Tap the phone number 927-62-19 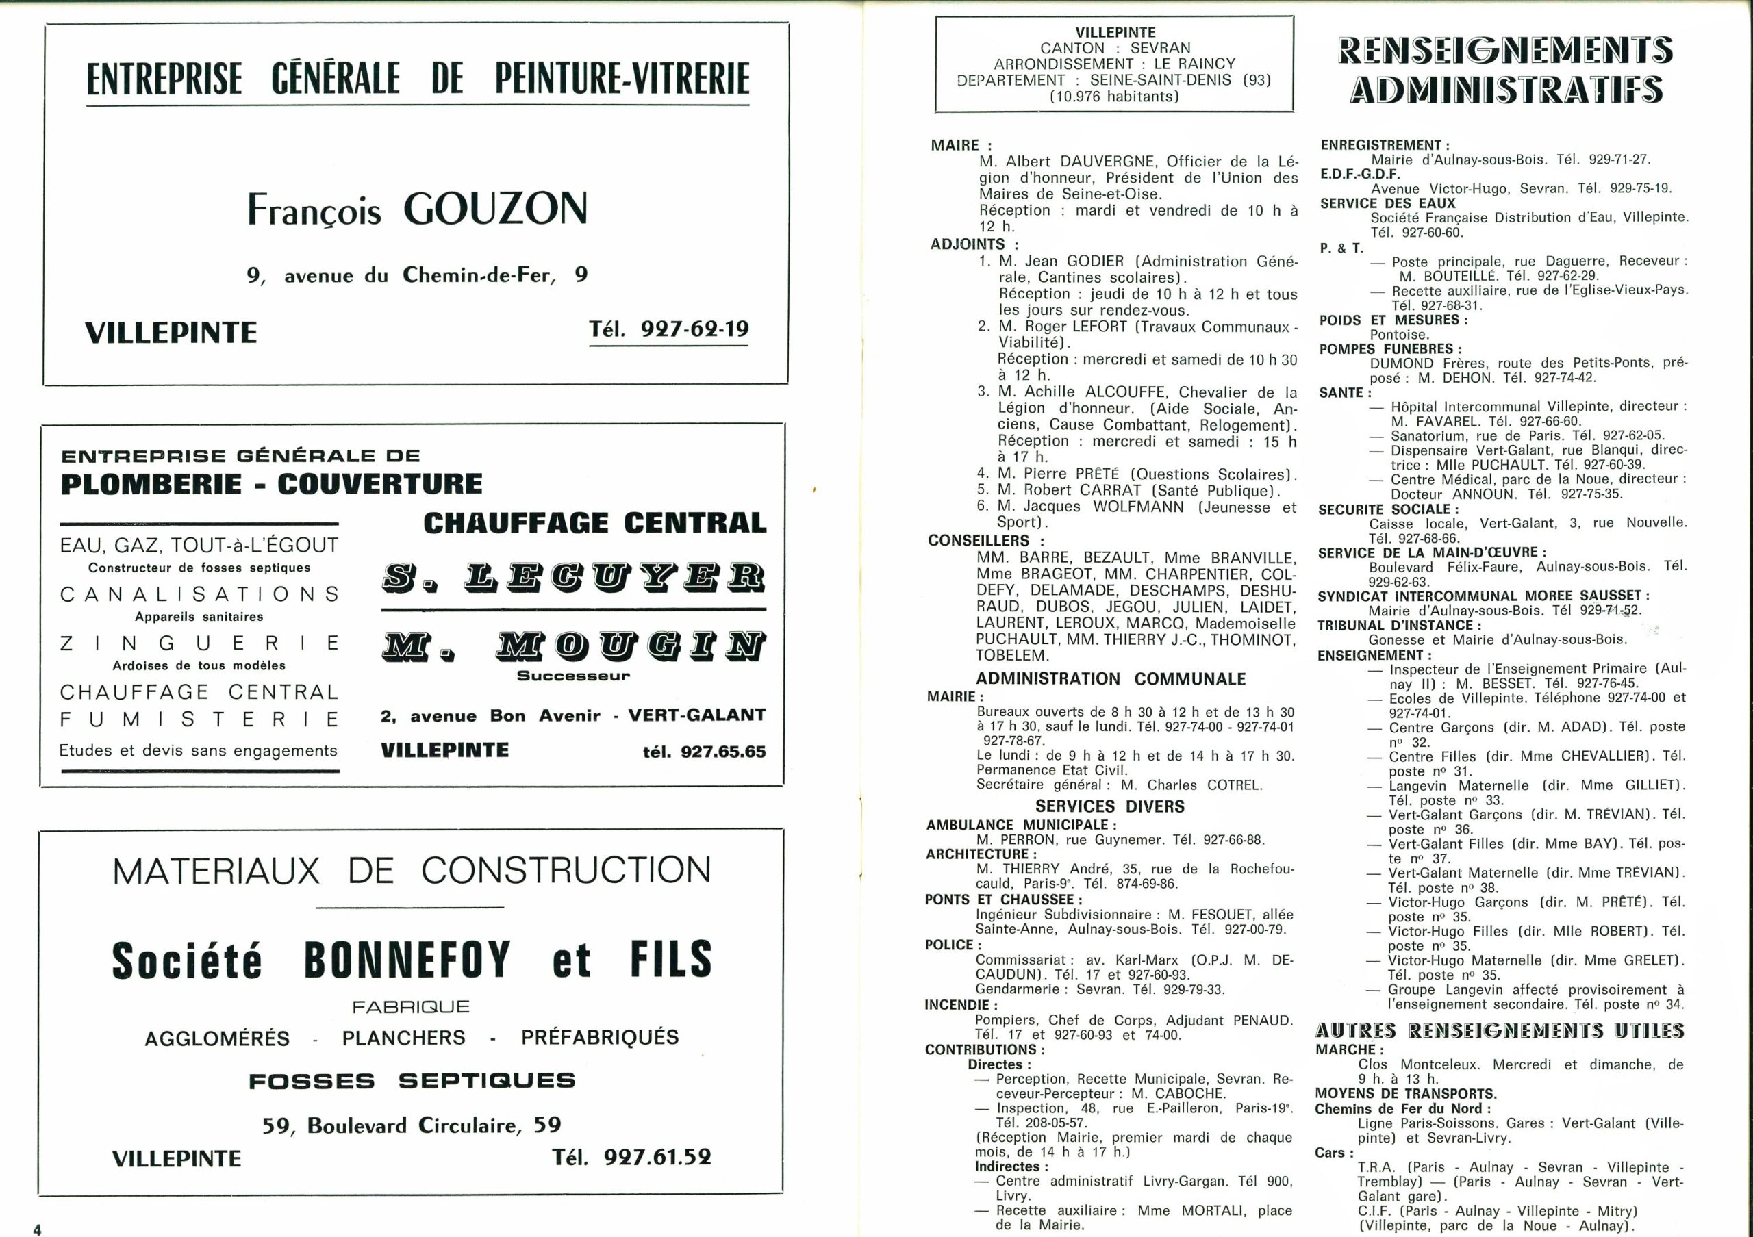coord(695,329)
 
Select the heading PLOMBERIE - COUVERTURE coord(271,484)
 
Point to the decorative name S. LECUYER coord(572,578)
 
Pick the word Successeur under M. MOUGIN coord(572,676)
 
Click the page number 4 coord(37,1228)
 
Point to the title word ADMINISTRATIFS coord(1506,89)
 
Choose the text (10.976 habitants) coord(1114,96)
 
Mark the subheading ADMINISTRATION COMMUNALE coord(1110,678)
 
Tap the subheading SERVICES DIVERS coord(1109,806)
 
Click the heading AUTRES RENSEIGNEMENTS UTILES coord(1500,1031)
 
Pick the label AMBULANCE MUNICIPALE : coord(1021,824)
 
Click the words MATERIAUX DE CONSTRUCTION coord(412,871)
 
